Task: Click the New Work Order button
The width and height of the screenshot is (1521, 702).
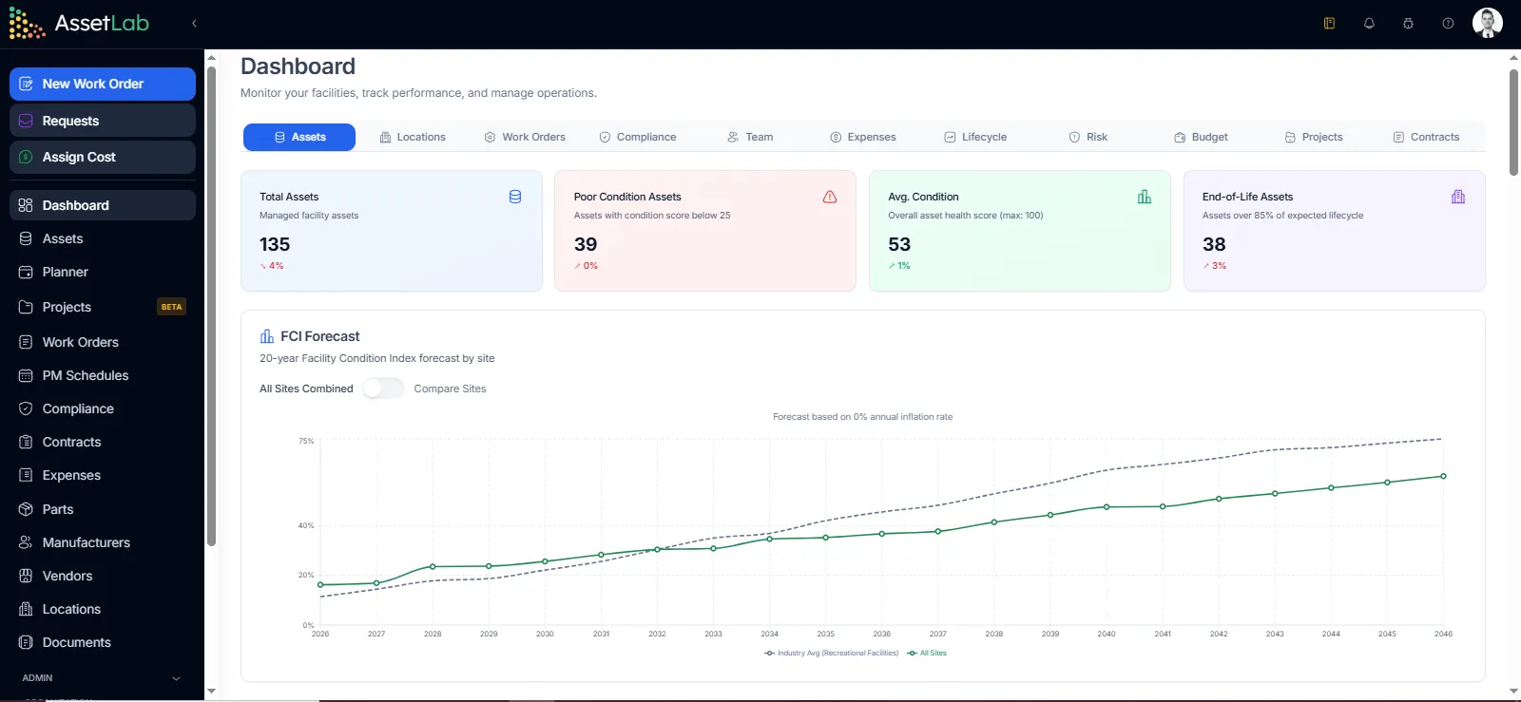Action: pos(102,84)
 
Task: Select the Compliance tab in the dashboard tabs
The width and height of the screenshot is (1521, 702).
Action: pos(638,137)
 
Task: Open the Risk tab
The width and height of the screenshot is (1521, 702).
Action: pos(1088,137)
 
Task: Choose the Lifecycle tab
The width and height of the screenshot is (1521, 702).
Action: pos(975,137)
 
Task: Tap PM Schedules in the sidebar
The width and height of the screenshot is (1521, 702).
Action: pos(85,375)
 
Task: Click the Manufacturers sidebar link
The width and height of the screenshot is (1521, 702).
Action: pos(86,542)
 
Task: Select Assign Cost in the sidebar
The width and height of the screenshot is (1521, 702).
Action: pos(79,157)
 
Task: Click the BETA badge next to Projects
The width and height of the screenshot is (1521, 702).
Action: pos(171,307)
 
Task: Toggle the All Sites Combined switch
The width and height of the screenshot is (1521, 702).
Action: pos(383,389)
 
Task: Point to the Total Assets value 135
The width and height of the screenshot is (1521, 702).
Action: pos(275,244)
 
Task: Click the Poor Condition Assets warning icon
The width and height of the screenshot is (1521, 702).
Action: pos(830,197)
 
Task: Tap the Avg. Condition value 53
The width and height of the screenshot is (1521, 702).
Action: pos(899,244)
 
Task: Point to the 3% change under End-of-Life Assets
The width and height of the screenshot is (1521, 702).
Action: pos(1216,266)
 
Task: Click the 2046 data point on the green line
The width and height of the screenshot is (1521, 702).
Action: pos(1443,476)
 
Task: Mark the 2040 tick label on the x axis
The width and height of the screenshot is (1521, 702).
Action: pos(1107,634)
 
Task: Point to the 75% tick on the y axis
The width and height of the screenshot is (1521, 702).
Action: pos(306,441)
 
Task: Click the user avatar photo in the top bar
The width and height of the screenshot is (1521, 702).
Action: pos(1487,23)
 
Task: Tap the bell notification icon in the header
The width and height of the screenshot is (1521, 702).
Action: pos(1369,23)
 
